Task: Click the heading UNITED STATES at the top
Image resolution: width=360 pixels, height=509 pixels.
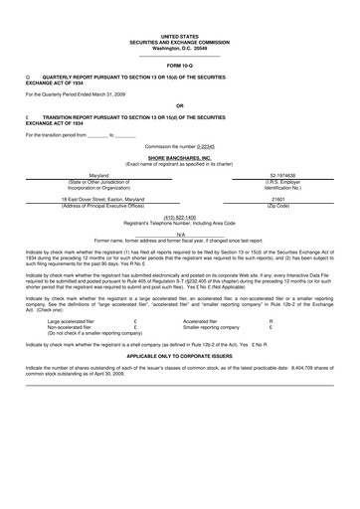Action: point(179,35)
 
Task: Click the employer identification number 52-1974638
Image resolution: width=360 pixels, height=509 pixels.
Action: point(269,175)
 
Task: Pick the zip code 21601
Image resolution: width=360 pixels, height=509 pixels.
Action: point(269,199)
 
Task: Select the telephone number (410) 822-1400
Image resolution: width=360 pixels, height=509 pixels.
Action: point(179,217)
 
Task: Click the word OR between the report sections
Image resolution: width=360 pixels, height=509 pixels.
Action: point(179,104)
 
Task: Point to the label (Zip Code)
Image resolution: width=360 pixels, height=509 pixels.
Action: point(269,205)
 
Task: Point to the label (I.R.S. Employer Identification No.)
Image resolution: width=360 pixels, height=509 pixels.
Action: point(269,184)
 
